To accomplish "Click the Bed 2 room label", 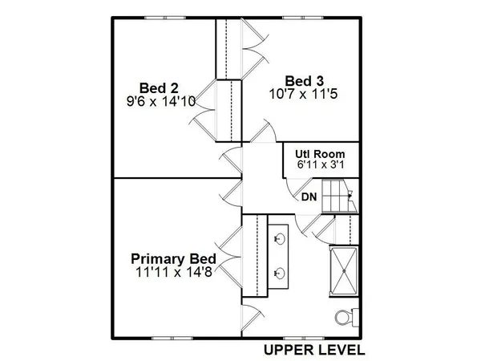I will (158, 87).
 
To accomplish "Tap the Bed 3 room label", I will (305, 79).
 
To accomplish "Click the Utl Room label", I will (320, 153).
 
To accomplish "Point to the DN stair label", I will (309, 197).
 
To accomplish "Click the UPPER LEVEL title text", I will (314, 351).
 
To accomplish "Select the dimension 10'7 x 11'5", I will (306, 93).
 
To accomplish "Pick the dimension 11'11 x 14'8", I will (174, 273).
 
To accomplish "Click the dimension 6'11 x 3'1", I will (320, 165).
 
